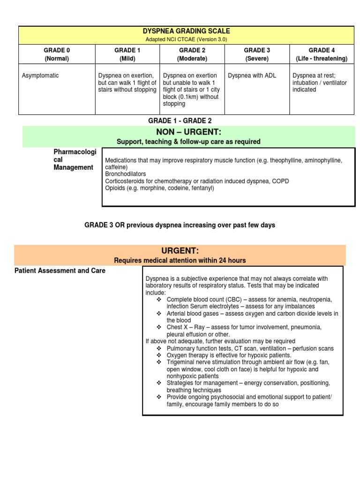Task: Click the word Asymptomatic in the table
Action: (x=40, y=75)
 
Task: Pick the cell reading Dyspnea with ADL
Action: (x=252, y=75)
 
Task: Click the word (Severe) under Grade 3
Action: (x=256, y=59)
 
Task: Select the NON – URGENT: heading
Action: (x=188, y=132)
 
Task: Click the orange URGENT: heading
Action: (x=180, y=251)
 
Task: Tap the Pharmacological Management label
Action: (x=75, y=160)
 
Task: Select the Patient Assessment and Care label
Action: (x=60, y=270)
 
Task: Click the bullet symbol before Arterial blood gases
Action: (x=159, y=314)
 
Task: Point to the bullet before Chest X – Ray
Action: (x=159, y=328)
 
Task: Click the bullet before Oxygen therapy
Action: (x=159, y=355)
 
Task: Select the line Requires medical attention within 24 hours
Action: (x=180, y=260)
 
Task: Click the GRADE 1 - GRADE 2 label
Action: (x=180, y=121)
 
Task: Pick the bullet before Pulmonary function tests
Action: (x=159, y=348)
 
